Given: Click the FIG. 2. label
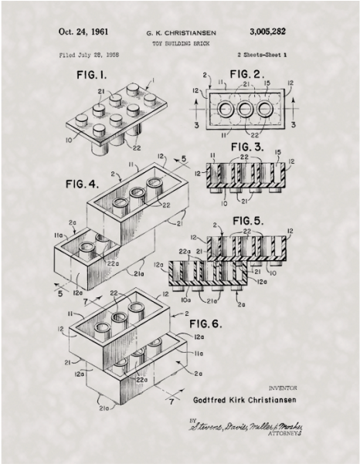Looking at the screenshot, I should point(250,74).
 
